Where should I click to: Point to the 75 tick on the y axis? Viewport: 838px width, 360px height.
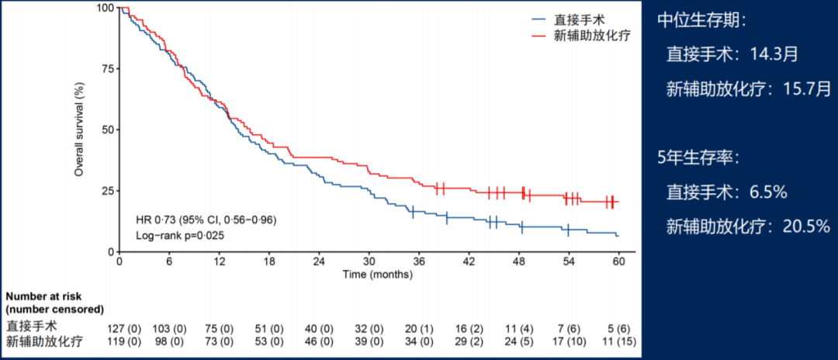[x=109, y=68]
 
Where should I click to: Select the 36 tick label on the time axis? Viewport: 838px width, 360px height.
[x=419, y=262]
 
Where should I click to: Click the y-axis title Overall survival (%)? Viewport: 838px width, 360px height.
[x=79, y=130]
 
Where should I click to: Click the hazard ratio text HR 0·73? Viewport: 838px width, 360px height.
[x=206, y=220]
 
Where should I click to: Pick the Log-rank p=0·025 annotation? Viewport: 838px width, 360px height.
[x=180, y=235]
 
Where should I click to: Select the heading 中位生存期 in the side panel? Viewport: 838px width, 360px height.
[x=701, y=21]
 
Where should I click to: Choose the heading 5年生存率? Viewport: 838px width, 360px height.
[x=698, y=158]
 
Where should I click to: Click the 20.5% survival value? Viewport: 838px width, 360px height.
[x=799, y=226]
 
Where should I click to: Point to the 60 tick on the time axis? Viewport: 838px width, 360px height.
[x=619, y=262]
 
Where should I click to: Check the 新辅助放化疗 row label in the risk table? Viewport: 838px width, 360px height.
[x=43, y=341]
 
